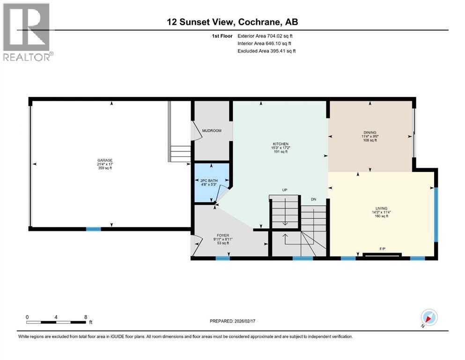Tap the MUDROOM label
(x=212, y=131)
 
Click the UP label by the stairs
(x=284, y=190)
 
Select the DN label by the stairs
(x=314, y=199)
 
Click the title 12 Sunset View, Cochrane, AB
(x=233, y=22)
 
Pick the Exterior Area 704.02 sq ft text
(x=267, y=36)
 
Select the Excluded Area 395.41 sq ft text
(x=267, y=51)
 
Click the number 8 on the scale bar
(x=85, y=317)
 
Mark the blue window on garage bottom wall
(x=93, y=229)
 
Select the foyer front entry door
(x=195, y=246)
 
